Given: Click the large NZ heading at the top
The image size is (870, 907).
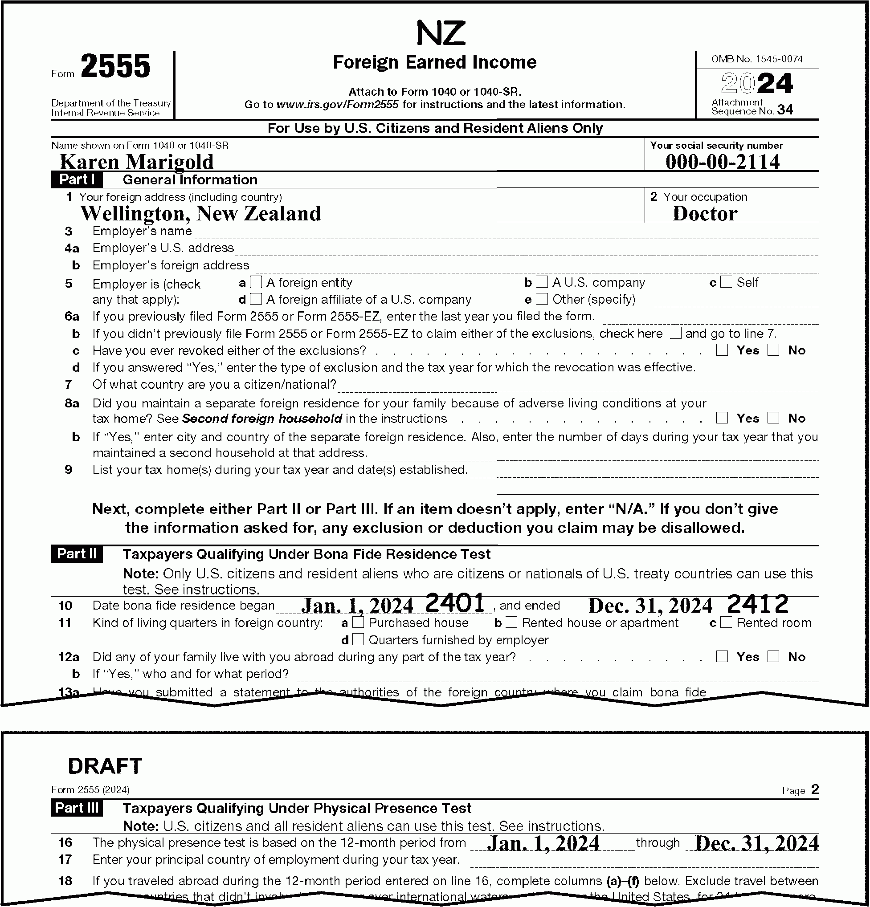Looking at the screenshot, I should pyautogui.click(x=440, y=33).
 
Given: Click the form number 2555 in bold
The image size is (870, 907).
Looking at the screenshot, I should pyautogui.click(x=116, y=66).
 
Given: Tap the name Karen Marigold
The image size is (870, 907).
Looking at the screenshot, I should pyautogui.click(x=137, y=162).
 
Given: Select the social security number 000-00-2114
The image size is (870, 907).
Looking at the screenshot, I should pyautogui.click(x=722, y=162).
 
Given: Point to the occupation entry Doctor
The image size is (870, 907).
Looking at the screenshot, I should pyautogui.click(x=705, y=213).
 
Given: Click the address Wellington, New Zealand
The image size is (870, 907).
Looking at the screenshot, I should pyautogui.click(x=200, y=213).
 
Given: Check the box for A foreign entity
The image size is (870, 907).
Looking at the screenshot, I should pyautogui.click(x=256, y=282).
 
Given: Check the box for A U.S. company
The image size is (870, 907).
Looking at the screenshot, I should pyautogui.click(x=542, y=282).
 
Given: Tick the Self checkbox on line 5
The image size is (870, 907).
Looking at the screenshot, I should pyautogui.click(x=726, y=282).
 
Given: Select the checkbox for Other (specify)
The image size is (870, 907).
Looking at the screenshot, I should pyautogui.click(x=542, y=299).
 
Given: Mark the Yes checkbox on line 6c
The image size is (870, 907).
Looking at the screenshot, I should pyautogui.click(x=721, y=350).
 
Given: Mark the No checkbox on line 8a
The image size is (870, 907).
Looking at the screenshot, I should pyautogui.click(x=773, y=418).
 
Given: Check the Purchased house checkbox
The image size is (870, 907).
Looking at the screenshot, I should pyautogui.click(x=358, y=622).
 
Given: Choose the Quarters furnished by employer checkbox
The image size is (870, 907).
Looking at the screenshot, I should pyautogui.click(x=358, y=639).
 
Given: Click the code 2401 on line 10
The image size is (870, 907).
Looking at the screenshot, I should pyautogui.click(x=454, y=603).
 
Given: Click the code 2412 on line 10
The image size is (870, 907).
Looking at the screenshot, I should pyautogui.click(x=757, y=604).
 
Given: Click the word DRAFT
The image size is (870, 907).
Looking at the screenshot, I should pyautogui.click(x=105, y=766).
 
